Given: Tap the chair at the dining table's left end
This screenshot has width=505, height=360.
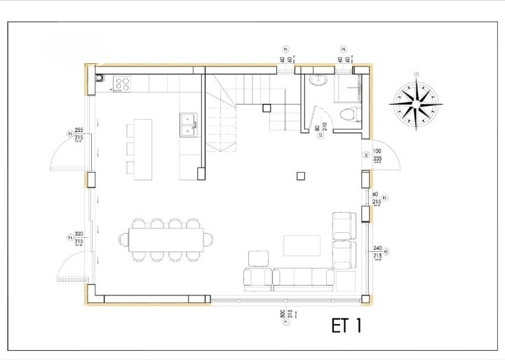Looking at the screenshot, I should pos(124,240).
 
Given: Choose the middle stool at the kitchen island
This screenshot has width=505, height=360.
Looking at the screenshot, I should pos(130,148).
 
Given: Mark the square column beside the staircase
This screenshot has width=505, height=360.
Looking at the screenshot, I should pos(266,108).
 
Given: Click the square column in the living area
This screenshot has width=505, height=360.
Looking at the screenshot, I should pos(301,175).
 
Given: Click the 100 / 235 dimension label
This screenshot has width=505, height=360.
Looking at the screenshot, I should pos(377,155).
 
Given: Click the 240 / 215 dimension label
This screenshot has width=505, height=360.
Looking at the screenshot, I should pos(377,252).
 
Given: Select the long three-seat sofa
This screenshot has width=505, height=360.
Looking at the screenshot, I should pos(303,279).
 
